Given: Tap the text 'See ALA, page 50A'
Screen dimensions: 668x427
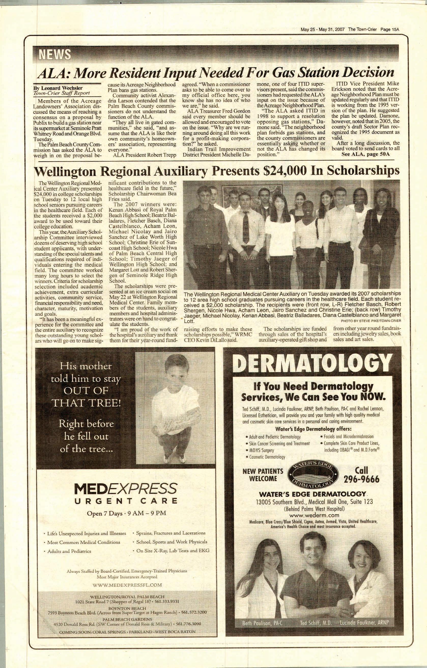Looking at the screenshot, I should (x=365, y=154).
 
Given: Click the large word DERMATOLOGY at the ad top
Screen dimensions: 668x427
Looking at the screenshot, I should (x=312, y=364).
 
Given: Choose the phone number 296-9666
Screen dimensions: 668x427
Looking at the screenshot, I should (x=362, y=479).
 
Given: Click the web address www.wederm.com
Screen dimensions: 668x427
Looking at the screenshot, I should (x=312, y=516).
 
